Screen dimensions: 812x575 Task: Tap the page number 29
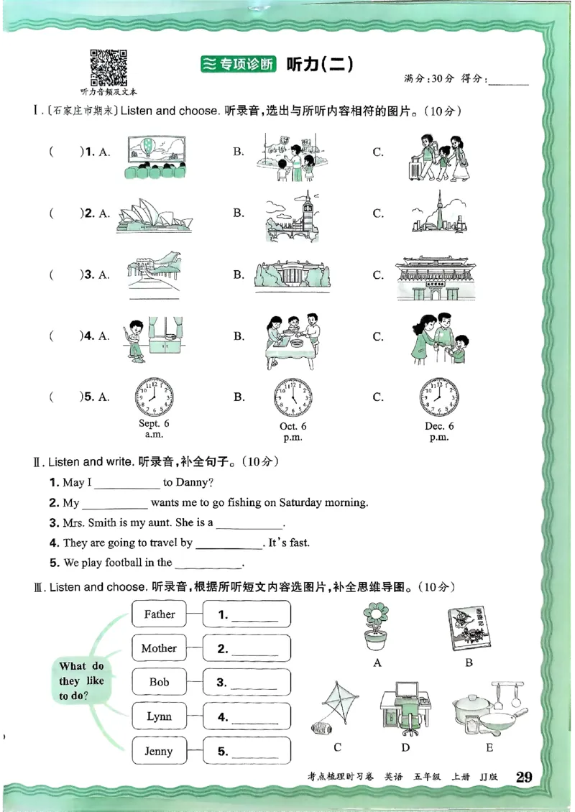(524, 776)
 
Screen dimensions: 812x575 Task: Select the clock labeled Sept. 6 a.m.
(154, 397)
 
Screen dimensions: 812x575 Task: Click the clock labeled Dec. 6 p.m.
(438, 397)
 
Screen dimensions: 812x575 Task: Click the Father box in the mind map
(159, 614)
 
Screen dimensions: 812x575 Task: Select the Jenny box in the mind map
(159, 751)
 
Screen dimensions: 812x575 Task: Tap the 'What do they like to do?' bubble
(80, 681)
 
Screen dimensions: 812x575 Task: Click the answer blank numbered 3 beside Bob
(247, 683)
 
